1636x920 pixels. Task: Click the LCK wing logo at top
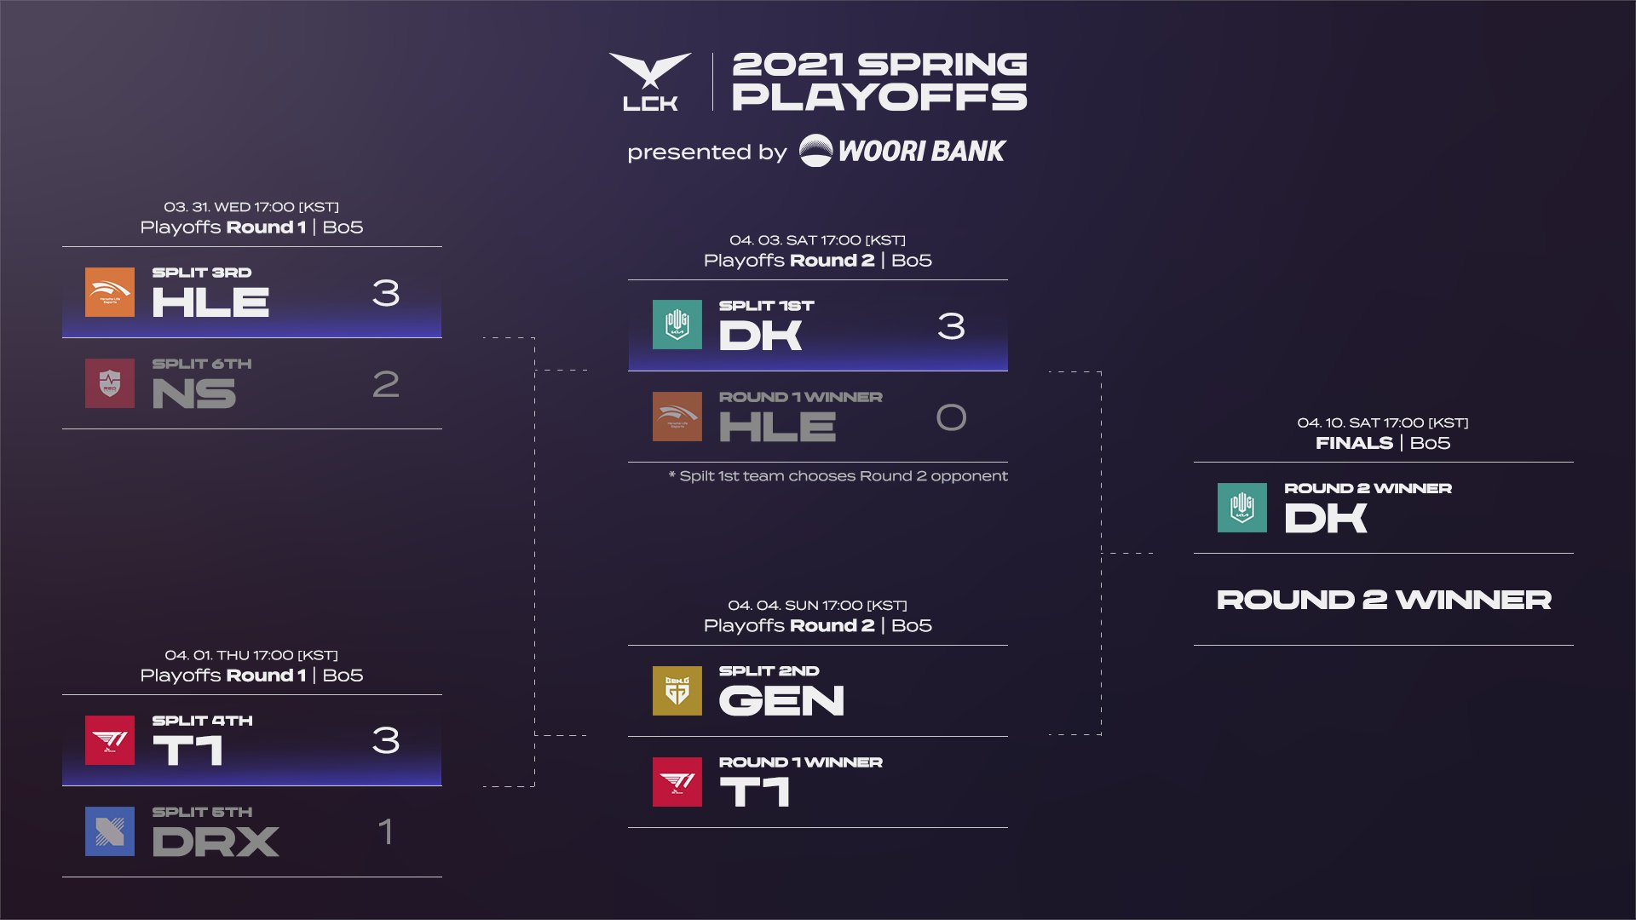click(x=650, y=80)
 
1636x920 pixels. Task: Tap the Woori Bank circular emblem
click(x=815, y=151)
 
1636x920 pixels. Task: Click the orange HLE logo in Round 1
click(x=110, y=292)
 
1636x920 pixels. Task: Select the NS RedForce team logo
click(x=110, y=383)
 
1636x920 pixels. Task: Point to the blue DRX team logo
click(x=110, y=831)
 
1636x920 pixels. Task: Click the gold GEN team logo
click(x=677, y=691)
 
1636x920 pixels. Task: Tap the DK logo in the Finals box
click(x=1242, y=508)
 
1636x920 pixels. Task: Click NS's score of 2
click(x=386, y=384)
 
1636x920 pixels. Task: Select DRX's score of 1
click(x=386, y=831)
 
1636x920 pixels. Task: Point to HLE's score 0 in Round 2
click(x=951, y=417)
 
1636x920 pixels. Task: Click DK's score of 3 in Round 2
click(x=951, y=326)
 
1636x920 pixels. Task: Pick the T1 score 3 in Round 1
click(x=386, y=740)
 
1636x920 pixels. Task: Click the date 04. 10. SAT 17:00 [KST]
click(x=1382, y=423)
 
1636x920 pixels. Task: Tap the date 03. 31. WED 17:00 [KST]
click(x=251, y=207)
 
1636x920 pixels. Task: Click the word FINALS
click(x=1354, y=443)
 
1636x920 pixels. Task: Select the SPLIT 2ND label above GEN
click(x=769, y=671)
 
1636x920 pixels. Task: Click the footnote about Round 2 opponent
click(x=838, y=476)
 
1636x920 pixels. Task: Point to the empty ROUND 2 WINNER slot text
click(x=1384, y=600)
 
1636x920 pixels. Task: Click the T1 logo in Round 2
click(x=677, y=782)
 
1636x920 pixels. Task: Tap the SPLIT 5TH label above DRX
click(x=202, y=812)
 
